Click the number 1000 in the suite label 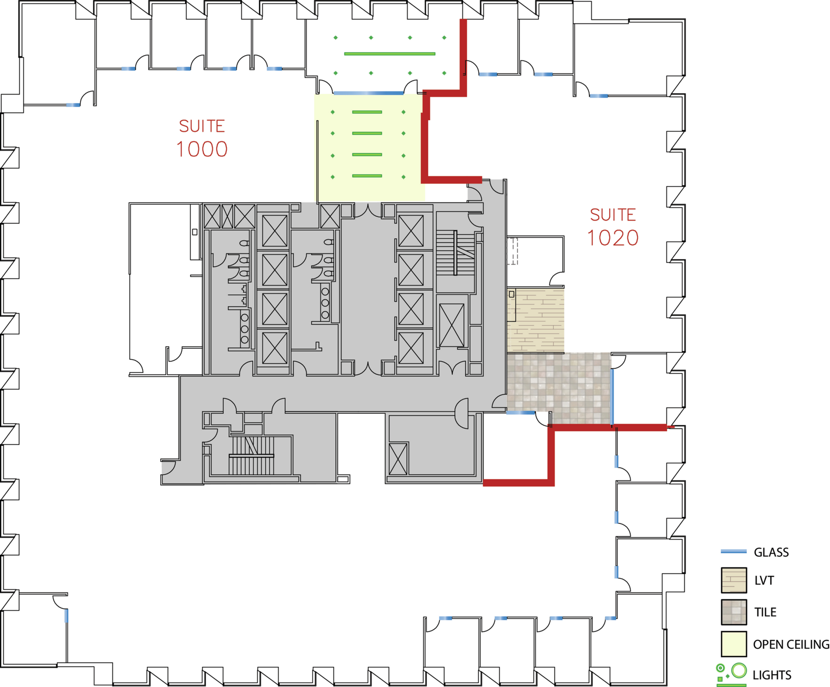(202, 149)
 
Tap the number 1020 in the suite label (613, 238)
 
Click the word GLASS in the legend (771, 552)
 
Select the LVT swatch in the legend (734, 580)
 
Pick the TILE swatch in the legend (734, 612)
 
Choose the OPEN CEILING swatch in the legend (734, 644)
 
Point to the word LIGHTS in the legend (772, 675)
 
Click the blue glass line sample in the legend (734, 551)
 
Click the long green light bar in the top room (390, 54)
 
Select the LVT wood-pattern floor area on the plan (535, 321)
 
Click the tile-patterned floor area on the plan (559, 388)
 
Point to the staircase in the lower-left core (252, 455)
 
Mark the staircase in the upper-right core (456, 253)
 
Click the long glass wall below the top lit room (368, 93)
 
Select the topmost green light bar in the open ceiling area (367, 112)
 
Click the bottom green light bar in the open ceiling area (367, 176)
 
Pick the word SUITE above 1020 (613, 215)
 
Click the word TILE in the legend (765, 612)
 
